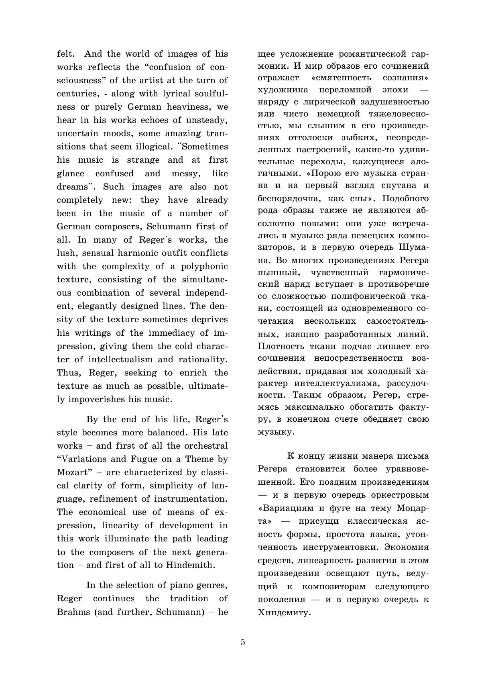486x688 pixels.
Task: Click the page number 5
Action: [x=243, y=642]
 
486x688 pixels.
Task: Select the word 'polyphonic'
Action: [x=205, y=266]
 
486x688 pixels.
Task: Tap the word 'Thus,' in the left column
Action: [x=69, y=373]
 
